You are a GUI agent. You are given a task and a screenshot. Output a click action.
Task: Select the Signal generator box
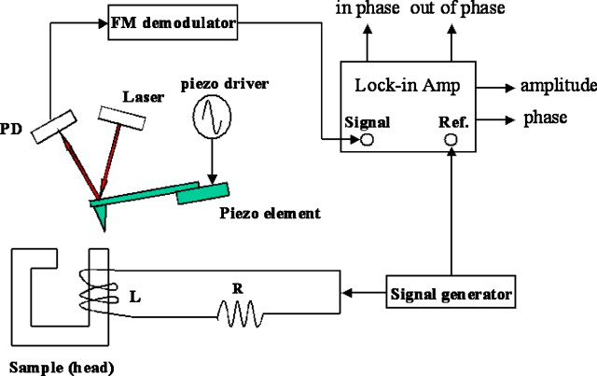pos(450,295)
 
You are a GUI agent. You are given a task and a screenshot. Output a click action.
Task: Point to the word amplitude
pos(558,87)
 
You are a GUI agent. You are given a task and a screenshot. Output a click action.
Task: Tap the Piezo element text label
pos(271,214)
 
